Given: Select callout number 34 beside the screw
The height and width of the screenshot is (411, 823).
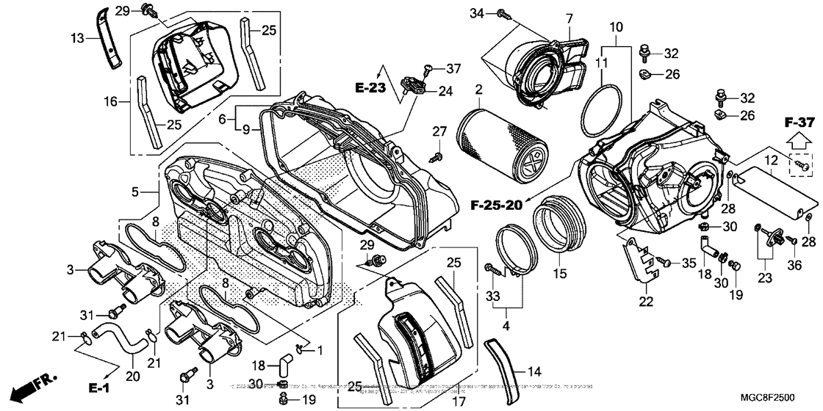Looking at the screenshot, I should (x=477, y=13).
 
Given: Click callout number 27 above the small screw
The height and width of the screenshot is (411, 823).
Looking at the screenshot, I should (x=439, y=131).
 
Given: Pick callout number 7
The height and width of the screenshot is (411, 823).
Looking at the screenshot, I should (x=568, y=18).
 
